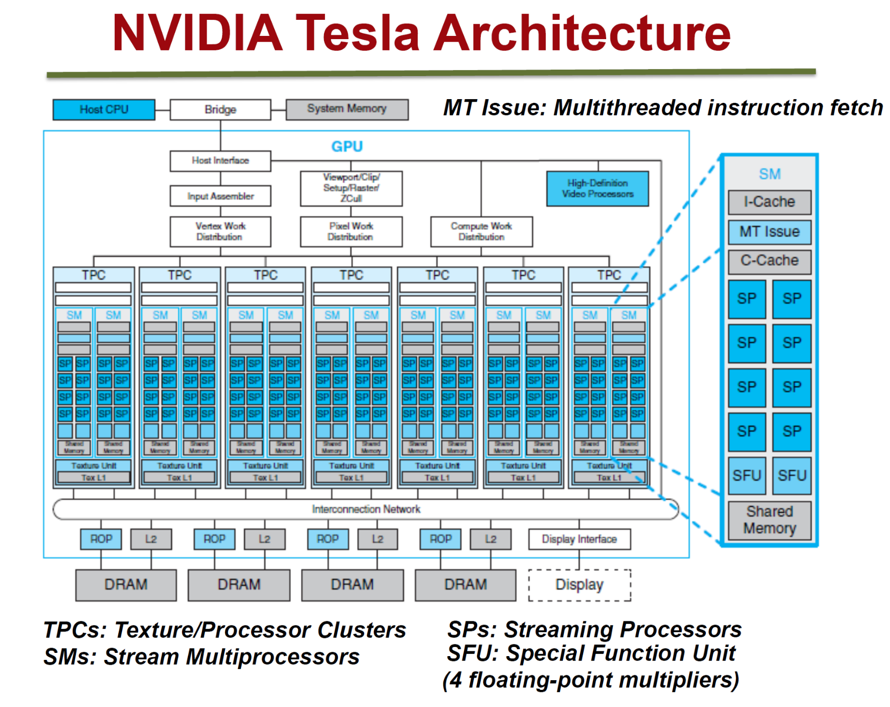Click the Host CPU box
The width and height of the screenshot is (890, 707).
pyautogui.click(x=104, y=109)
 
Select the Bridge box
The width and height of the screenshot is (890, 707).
pyautogui.click(x=220, y=109)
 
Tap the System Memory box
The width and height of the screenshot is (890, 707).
pyautogui.click(x=347, y=109)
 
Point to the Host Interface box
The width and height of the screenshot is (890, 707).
pyautogui.click(x=220, y=160)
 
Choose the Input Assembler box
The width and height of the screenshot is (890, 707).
pyautogui.click(x=220, y=196)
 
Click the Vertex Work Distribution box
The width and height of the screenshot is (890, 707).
pyautogui.click(x=220, y=231)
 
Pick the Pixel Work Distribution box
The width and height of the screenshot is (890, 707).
pyautogui.click(x=351, y=231)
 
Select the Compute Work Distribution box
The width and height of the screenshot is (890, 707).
pyautogui.click(x=481, y=231)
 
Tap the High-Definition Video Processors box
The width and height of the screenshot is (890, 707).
pyautogui.click(x=597, y=189)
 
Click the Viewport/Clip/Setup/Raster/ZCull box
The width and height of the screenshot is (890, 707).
pyautogui.click(x=351, y=188)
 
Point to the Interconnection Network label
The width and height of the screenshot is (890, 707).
pyautogui.click(x=366, y=509)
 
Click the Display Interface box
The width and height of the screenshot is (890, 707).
pyautogui.click(x=579, y=539)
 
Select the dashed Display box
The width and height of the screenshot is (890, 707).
pyautogui.click(x=579, y=585)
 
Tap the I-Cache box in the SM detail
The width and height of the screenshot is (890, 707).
pyautogui.click(x=770, y=202)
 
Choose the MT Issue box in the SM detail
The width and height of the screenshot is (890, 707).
pyautogui.click(x=770, y=232)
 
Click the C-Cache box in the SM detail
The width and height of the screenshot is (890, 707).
pyautogui.click(x=770, y=261)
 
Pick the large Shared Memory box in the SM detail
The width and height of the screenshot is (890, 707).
pyautogui.click(x=770, y=520)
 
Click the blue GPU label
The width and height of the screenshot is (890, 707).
pyautogui.click(x=347, y=146)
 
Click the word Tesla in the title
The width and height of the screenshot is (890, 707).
pyautogui.click(x=357, y=33)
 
